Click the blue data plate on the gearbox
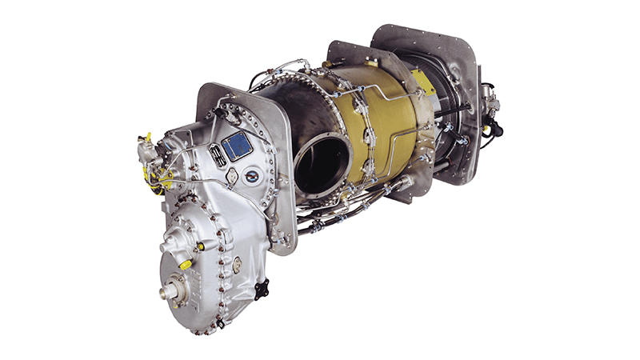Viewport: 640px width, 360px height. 237,146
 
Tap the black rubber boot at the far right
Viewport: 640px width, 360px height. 495,128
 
